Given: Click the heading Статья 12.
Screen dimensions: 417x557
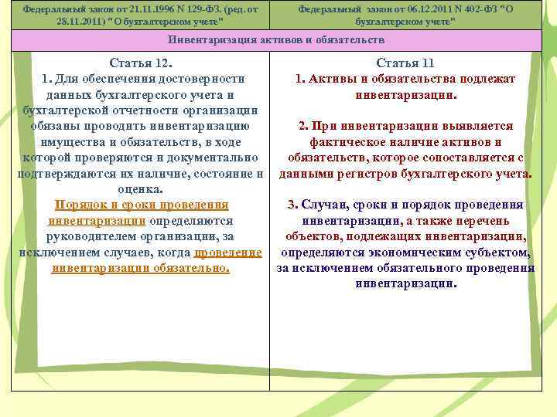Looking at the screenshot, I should [x=140, y=63].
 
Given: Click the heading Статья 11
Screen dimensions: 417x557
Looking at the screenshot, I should [x=405, y=63].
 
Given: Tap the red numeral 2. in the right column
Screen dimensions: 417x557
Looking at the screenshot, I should [x=303, y=126].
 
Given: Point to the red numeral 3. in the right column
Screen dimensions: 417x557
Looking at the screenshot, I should [x=292, y=205].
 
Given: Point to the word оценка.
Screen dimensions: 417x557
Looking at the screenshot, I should [x=140, y=189].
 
